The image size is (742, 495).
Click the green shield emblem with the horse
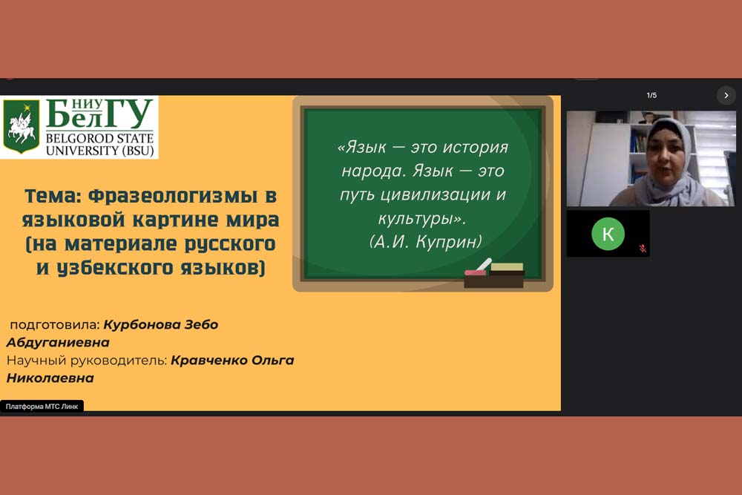pos(22,126)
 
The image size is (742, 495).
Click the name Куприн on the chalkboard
pos(449,242)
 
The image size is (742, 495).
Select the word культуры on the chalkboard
pos(416,219)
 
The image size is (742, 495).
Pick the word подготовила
pos(54,325)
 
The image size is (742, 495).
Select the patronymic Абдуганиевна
pos(58,342)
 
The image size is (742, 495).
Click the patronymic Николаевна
pos(50,378)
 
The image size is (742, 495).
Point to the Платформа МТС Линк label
pos(42,406)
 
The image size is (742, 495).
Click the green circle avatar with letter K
pos(608,234)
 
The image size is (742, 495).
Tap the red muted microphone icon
pos(642,249)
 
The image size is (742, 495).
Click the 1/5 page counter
pos(651,95)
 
